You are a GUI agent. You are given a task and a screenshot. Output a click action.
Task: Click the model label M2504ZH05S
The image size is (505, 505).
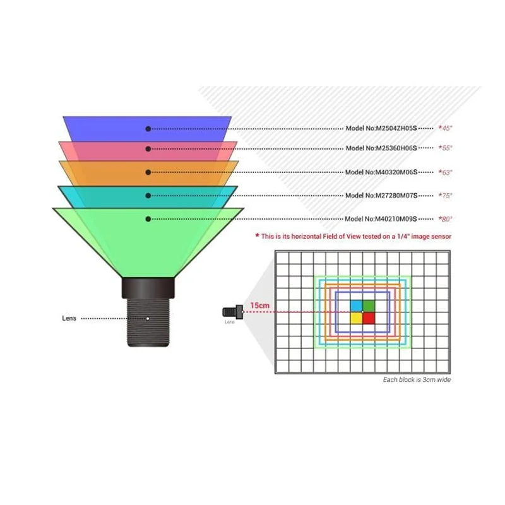(381, 128)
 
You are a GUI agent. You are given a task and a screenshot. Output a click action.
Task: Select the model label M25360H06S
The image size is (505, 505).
(381, 148)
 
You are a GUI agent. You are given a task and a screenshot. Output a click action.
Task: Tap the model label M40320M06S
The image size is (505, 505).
(381, 172)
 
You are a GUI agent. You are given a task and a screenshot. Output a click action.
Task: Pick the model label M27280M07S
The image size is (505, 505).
(381, 196)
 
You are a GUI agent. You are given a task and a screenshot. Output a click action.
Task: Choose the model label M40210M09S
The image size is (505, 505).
(381, 219)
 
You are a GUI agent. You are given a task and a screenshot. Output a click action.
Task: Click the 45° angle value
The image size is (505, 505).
(446, 128)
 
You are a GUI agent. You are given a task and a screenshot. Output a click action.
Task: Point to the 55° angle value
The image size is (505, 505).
(446, 148)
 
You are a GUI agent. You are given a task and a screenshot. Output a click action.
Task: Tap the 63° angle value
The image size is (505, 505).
(446, 172)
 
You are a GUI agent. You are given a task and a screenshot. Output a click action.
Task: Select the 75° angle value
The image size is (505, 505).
(446, 196)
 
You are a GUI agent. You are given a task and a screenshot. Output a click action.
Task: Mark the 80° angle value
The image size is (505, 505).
(446, 219)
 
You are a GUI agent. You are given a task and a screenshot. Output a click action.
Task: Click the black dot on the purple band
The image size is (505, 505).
(148, 129)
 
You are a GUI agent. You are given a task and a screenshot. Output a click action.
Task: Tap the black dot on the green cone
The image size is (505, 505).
(148, 219)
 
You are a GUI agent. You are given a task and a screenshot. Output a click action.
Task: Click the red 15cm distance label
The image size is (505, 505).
(260, 306)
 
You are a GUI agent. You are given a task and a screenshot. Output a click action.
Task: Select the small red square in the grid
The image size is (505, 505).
(369, 318)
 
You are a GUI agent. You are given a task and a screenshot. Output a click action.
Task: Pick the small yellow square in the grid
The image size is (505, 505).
(357, 318)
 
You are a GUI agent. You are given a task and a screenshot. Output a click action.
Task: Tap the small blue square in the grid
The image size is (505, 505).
(357, 306)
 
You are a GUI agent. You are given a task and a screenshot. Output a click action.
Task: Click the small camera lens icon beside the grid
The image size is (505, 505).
(233, 312)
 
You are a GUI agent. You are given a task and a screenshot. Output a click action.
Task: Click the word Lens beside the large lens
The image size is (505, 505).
(69, 318)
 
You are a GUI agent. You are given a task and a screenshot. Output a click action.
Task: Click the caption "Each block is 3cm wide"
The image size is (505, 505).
(417, 380)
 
